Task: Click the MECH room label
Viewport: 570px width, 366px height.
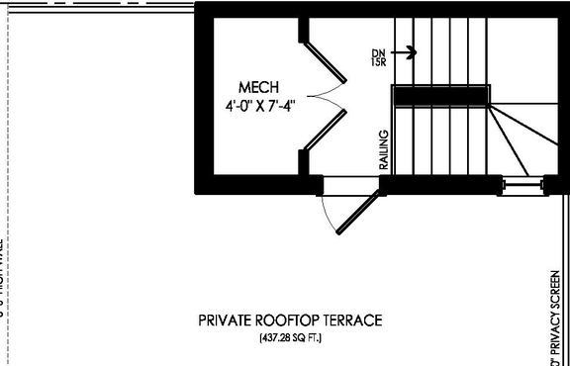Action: pyautogui.click(x=259, y=88)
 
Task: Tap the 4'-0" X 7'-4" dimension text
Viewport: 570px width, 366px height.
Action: pyautogui.click(x=259, y=103)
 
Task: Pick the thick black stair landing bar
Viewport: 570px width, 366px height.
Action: pyautogui.click(x=441, y=95)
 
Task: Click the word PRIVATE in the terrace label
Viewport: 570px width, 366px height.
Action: pyautogui.click(x=226, y=320)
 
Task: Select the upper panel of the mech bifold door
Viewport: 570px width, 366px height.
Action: pyautogui.click(x=326, y=61)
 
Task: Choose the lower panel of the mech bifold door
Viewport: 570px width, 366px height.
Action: pyautogui.click(x=326, y=129)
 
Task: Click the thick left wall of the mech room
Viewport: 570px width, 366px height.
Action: pyautogui.click(x=202, y=94)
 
